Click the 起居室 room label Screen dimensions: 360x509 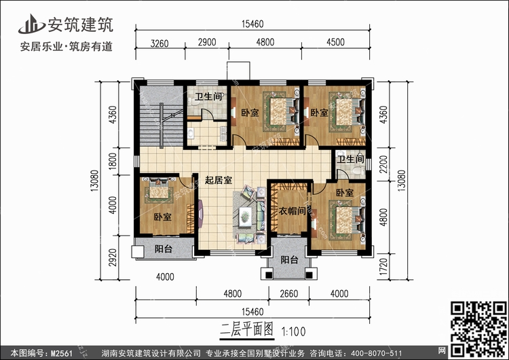point(219,181)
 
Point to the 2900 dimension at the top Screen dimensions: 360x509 point(207,43)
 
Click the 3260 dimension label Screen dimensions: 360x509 point(159,43)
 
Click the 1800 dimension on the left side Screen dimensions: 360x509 point(113,161)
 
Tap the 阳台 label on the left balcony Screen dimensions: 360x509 point(163,249)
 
